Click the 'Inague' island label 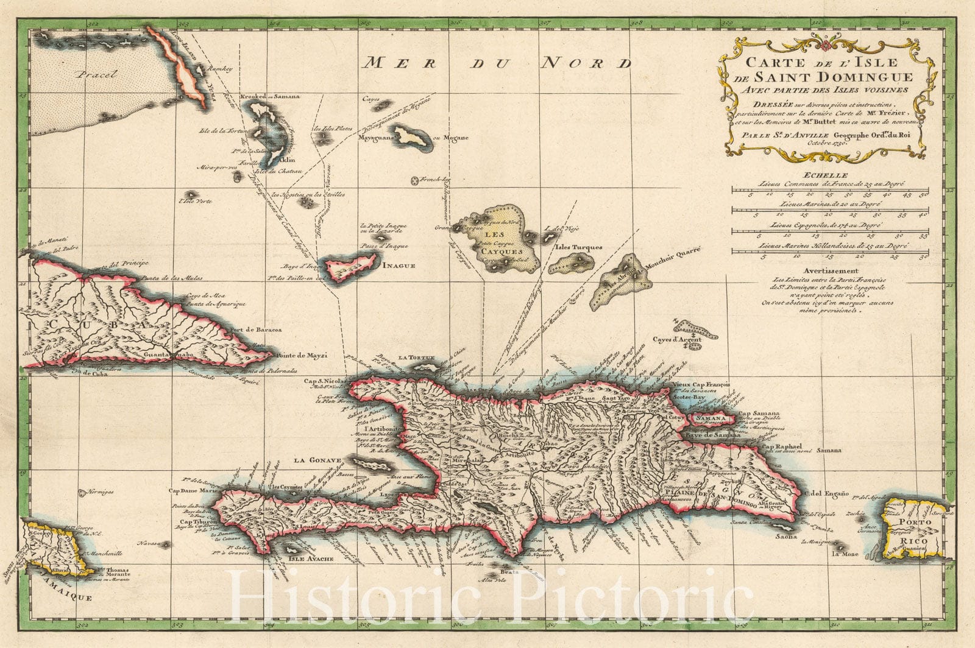(399, 266)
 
